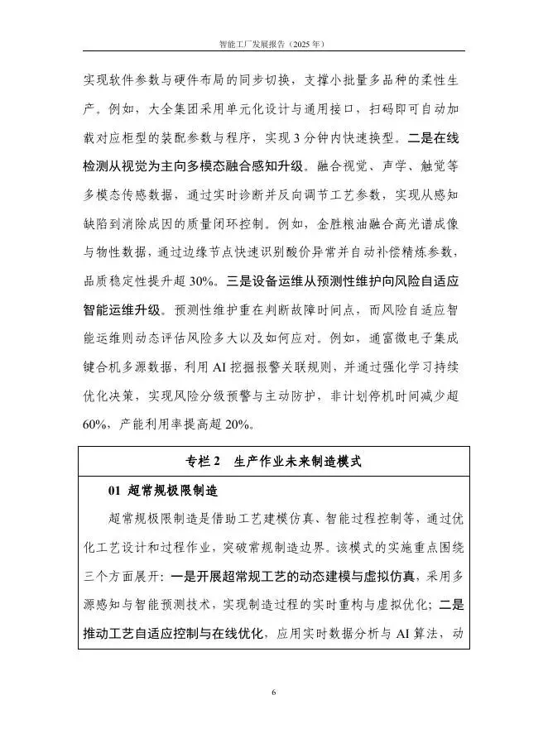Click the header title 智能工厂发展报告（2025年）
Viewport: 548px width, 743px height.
tap(274, 42)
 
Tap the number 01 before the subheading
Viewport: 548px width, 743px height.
tap(115, 491)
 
